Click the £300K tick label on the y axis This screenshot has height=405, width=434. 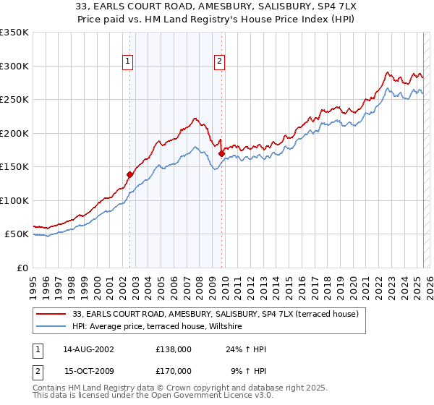(x=14, y=66)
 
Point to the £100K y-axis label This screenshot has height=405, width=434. (x=14, y=200)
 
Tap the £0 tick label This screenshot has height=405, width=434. (x=21, y=268)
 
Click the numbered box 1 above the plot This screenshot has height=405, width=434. (x=127, y=62)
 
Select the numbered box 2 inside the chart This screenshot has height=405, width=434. (x=218, y=62)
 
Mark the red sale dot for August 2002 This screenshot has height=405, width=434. (x=130, y=174)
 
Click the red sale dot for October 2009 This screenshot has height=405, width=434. (x=221, y=153)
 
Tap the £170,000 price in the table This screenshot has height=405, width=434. (x=174, y=370)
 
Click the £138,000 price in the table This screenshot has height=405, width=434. (x=174, y=349)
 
